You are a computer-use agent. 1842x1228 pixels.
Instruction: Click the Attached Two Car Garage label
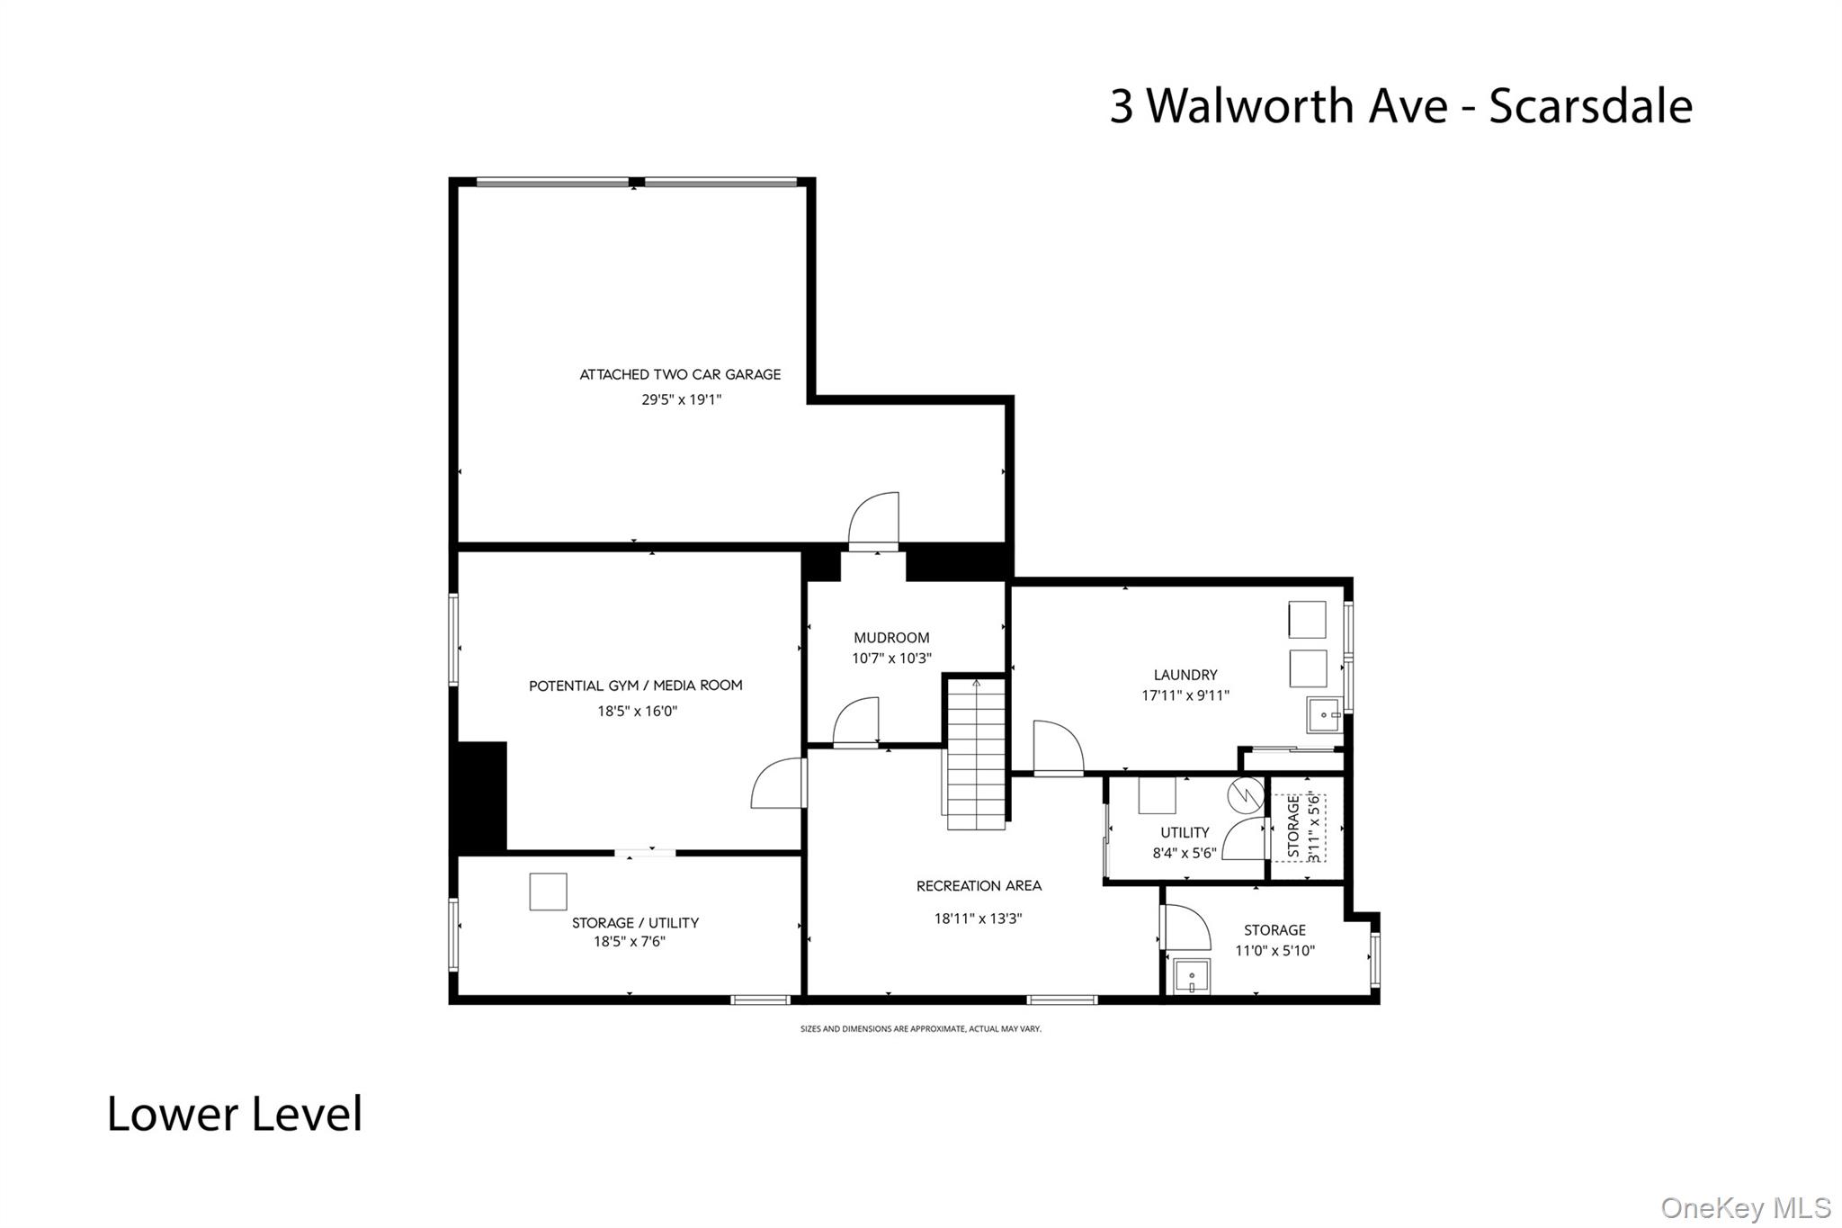pos(680,374)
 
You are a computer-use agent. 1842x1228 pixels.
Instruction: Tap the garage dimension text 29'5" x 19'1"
pos(681,399)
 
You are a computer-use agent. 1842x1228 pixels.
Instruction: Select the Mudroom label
pos(891,638)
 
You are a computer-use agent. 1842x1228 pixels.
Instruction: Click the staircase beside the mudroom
pos(976,754)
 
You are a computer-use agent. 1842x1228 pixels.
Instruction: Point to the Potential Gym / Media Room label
pos(635,686)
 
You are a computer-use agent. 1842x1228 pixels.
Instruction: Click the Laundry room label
pos(1185,675)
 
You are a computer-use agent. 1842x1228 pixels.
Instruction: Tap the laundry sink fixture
pos(1325,715)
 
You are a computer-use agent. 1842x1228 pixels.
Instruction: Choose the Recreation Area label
pos(979,886)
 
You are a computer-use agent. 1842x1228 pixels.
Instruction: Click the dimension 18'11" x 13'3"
pos(978,919)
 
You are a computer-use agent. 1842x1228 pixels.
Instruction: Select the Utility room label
pos(1185,832)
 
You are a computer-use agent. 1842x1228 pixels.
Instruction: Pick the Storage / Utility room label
pos(635,922)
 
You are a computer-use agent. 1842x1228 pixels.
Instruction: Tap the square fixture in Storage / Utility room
pos(548,892)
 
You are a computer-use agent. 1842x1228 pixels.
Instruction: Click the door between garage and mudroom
pos(873,523)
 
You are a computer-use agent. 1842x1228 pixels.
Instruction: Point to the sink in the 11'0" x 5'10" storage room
pos(1193,977)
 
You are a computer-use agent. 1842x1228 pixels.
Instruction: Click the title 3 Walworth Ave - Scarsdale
pos(1400,105)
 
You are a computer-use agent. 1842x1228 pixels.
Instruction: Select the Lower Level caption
pos(235,1114)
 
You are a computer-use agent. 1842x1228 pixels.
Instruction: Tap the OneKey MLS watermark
pos(1745,1207)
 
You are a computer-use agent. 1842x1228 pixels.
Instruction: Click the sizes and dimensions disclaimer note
pos(920,1028)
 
